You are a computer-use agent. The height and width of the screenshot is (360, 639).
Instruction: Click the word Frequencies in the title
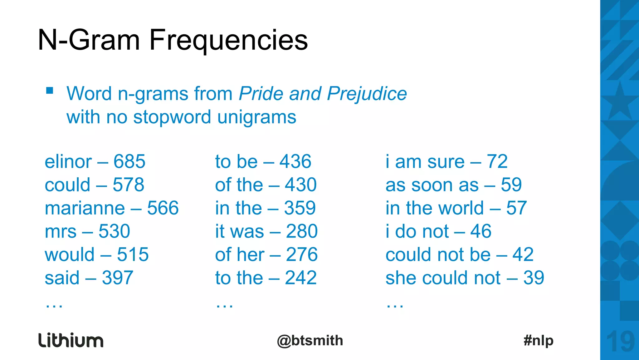(228, 41)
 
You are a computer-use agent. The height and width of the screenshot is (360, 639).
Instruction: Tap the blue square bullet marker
(49, 91)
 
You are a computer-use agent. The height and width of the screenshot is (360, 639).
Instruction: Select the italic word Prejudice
(367, 94)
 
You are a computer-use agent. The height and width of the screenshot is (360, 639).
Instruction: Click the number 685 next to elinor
(129, 162)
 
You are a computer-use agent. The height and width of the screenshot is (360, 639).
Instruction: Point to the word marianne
(85, 208)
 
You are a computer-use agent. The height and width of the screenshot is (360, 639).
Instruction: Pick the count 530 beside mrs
(114, 231)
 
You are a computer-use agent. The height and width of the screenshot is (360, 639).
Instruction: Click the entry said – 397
(89, 278)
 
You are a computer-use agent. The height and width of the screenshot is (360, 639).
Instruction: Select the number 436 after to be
(295, 162)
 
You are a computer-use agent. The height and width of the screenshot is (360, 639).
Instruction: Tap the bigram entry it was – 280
(266, 231)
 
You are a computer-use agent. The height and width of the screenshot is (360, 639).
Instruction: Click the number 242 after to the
(300, 278)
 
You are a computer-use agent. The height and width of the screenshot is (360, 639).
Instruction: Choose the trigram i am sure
(425, 162)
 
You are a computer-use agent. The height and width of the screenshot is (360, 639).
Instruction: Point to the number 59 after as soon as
(511, 185)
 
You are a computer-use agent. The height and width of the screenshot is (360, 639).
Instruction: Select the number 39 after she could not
(534, 278)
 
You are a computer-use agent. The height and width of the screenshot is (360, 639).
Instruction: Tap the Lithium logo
(71, 340)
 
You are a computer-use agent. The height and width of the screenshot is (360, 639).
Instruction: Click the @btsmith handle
(310, 341)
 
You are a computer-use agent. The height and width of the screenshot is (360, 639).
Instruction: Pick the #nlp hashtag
(538, 341)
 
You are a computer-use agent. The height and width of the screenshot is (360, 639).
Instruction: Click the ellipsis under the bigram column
(224, 305)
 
